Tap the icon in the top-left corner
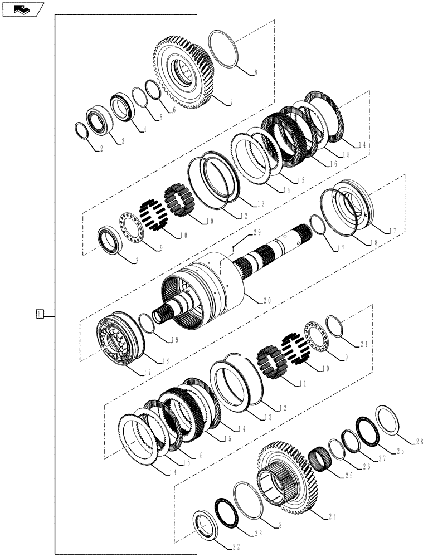tap(22, 9)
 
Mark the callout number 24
tap(331, 516)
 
